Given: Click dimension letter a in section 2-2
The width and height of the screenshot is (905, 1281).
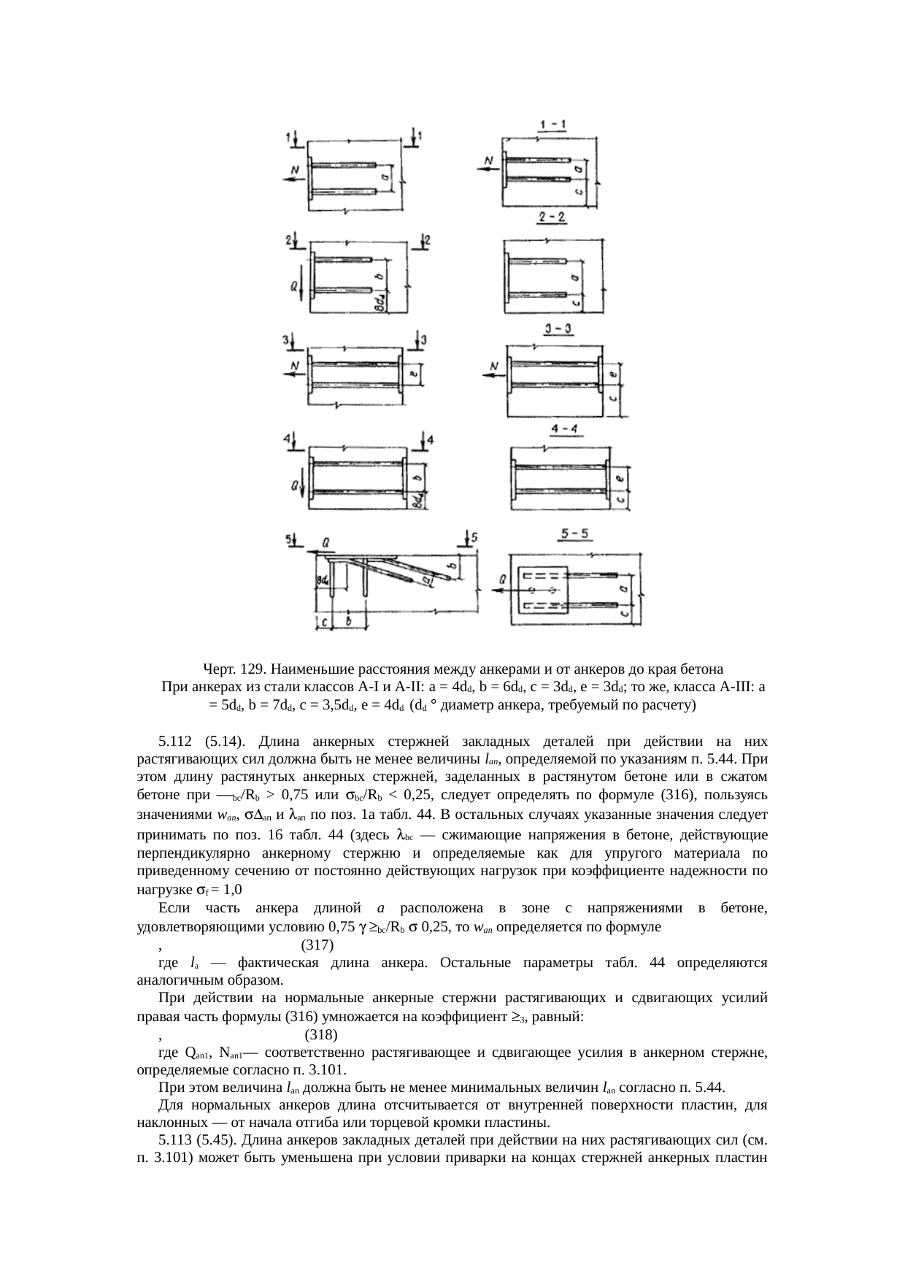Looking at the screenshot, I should point(576,276).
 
